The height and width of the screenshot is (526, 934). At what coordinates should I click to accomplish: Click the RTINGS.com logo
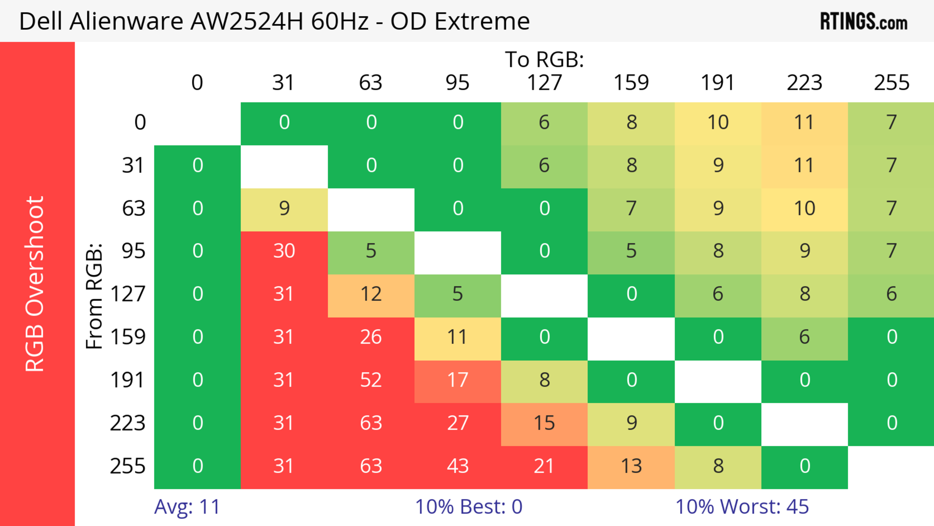864,21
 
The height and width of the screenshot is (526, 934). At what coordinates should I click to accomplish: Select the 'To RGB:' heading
544,59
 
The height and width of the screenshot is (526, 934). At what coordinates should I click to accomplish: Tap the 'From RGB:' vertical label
94,296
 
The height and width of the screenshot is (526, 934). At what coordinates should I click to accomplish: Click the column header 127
544,83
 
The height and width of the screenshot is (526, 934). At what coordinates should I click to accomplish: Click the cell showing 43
458,466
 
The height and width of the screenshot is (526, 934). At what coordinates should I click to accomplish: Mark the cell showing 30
284,251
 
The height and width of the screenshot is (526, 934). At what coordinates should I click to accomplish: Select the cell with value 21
544,466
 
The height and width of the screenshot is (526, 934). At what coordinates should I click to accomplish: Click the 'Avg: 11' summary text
187,507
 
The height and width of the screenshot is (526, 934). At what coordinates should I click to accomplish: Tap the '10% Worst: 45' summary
742,507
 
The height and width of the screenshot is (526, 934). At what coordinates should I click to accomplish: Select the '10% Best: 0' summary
468,507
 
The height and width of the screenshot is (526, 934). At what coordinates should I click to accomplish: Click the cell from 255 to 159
631,466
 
